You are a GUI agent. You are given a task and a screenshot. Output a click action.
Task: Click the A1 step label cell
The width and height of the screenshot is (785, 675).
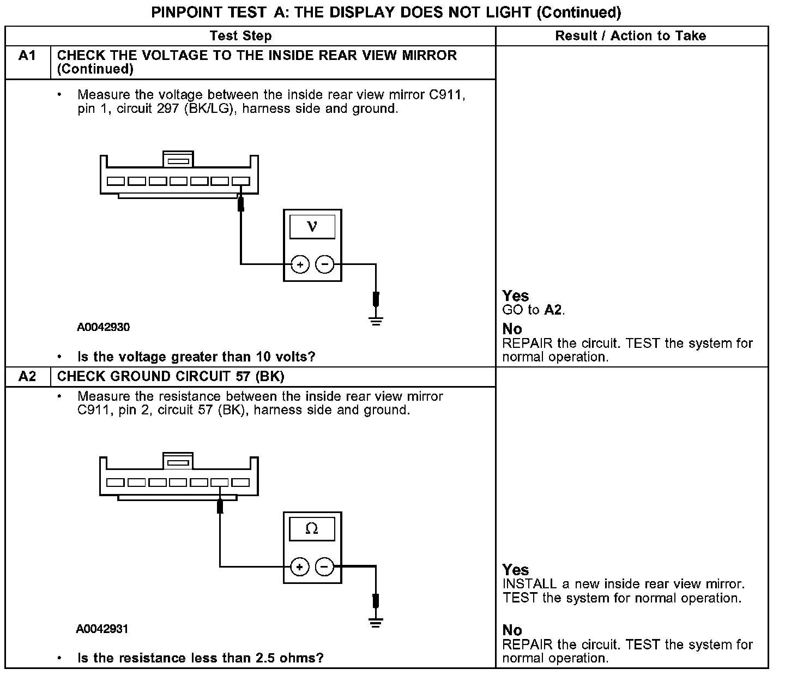[x=27, y=56]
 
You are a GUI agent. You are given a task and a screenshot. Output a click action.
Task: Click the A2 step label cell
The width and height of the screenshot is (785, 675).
[x=27, y=377]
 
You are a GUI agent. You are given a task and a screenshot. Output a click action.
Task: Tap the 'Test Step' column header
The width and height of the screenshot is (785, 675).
[x=240, y=36]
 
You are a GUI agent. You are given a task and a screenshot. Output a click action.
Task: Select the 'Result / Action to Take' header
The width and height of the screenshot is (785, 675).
[x=631, y=36]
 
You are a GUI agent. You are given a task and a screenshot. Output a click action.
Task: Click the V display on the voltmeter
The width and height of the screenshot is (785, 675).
[x=312, y=226]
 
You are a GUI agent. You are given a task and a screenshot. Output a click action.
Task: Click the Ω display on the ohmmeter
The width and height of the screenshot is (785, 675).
[x=312, y=529]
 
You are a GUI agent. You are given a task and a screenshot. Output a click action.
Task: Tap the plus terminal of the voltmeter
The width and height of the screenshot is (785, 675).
[x=300, y=264]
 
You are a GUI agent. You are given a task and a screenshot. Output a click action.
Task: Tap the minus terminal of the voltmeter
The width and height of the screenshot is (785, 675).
[x=325, y=264]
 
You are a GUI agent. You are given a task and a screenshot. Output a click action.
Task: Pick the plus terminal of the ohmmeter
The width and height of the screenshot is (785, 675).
[x=300, y=567]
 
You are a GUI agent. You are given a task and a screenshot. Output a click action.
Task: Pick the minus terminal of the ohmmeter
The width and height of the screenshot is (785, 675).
[x=325, y=567]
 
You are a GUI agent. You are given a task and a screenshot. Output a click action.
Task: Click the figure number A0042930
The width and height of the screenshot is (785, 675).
[x=103, y=328]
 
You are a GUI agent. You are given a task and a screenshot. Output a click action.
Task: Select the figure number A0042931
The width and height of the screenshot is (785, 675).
[x=102, y=629]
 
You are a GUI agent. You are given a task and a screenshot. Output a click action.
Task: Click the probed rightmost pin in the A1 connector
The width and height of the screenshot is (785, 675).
[x=240, y=182]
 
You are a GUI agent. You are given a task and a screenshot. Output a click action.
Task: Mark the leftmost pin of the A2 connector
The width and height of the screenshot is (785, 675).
[x=116, y=483]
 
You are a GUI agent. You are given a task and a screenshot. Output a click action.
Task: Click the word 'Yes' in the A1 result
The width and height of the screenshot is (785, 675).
[x=516, y=296]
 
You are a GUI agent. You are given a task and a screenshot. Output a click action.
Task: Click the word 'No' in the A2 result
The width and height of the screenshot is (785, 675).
[x=512, y=631]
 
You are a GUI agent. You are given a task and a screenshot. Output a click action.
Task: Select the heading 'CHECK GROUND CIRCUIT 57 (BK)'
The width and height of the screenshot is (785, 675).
[x=171, y=377]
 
